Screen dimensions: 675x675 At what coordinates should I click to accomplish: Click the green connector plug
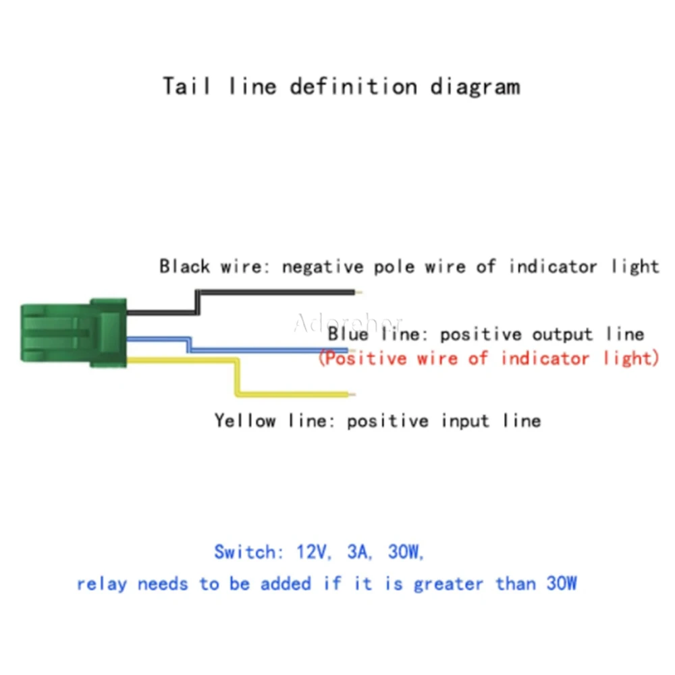coord(73,333)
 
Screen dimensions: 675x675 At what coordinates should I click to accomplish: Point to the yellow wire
coord(237,377)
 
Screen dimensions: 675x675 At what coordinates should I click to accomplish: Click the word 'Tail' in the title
coord(186,86)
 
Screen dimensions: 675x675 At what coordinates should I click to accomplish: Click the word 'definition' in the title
coord(354,86)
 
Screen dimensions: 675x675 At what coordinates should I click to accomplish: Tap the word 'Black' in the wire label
coord(185,267)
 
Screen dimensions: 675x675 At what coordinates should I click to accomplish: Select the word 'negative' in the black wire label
coord(323,267)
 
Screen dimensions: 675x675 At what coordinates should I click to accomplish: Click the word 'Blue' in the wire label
coord(348,334)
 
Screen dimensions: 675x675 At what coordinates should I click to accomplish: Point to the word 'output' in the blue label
coord(562,335)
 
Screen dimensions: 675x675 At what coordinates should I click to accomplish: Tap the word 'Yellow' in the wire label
coord(246,421)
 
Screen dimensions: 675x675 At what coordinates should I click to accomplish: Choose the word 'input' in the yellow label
coord(466,421)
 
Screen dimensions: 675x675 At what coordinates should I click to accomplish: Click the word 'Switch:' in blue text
coord(248,552)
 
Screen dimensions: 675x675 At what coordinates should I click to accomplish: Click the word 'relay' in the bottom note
coord(102,584)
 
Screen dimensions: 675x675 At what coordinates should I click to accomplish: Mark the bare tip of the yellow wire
coord(352,394)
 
